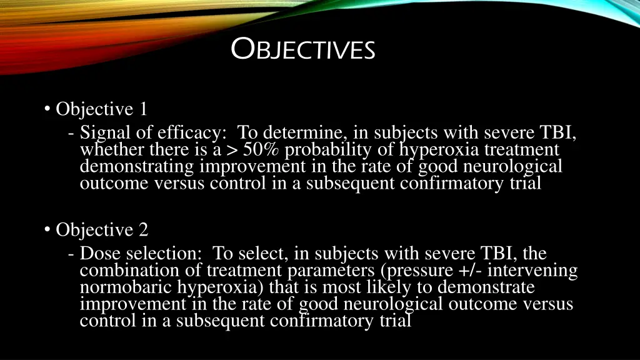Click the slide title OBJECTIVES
pyautogui.click(x=303, y=49)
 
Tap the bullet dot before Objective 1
pyautogui.click(x=47, y=109)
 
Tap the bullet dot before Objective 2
pyautogui.click(x=47, y=230)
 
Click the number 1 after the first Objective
pyautogui.click(x=143, y=109)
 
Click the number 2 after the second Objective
pyautogui.click(x=144, y=230)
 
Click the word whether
pyautogui.click(x=110, y=150)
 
